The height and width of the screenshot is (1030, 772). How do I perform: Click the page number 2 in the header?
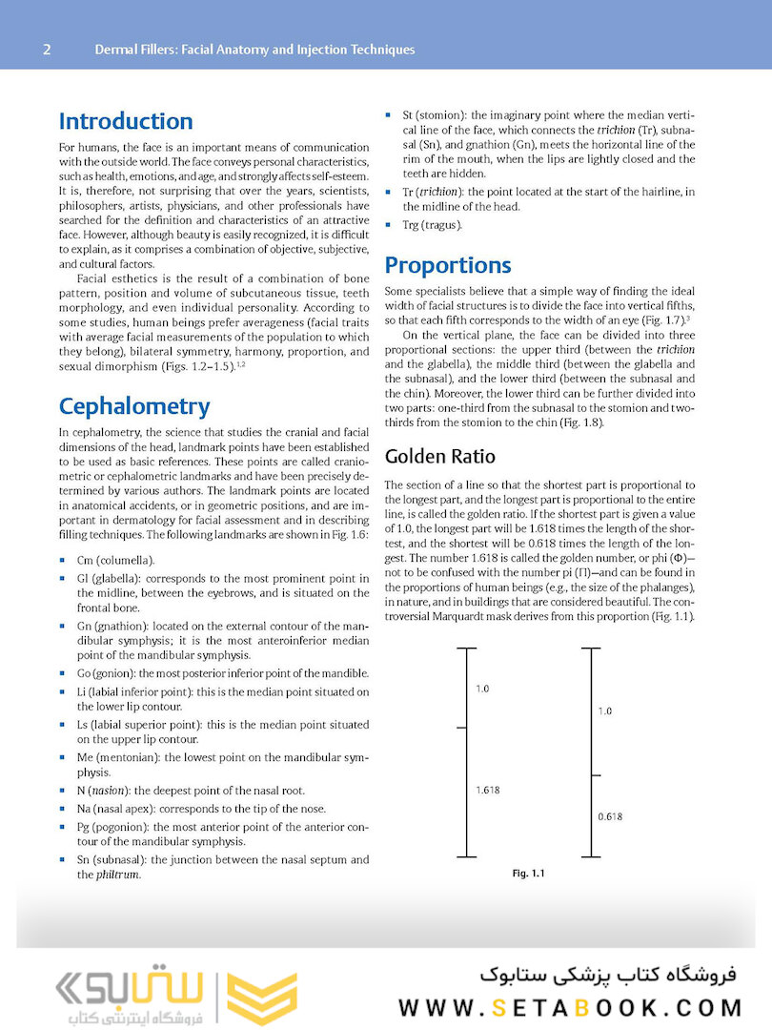47,50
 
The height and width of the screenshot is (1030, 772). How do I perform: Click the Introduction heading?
126,121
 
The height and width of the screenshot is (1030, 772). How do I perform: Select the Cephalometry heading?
133,406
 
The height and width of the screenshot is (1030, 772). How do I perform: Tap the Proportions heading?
447,265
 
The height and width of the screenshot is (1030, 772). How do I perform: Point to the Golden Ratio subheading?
439,457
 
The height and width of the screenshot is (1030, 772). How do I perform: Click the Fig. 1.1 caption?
528,873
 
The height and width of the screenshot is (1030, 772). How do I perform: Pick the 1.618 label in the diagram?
488,790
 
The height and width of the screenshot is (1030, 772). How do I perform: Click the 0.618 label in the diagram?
610,816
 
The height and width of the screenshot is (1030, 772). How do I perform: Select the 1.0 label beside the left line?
482,688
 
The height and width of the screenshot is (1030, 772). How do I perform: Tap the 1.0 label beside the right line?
604,711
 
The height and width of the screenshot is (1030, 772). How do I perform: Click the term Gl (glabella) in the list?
106,579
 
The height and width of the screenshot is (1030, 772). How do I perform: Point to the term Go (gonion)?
108,673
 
